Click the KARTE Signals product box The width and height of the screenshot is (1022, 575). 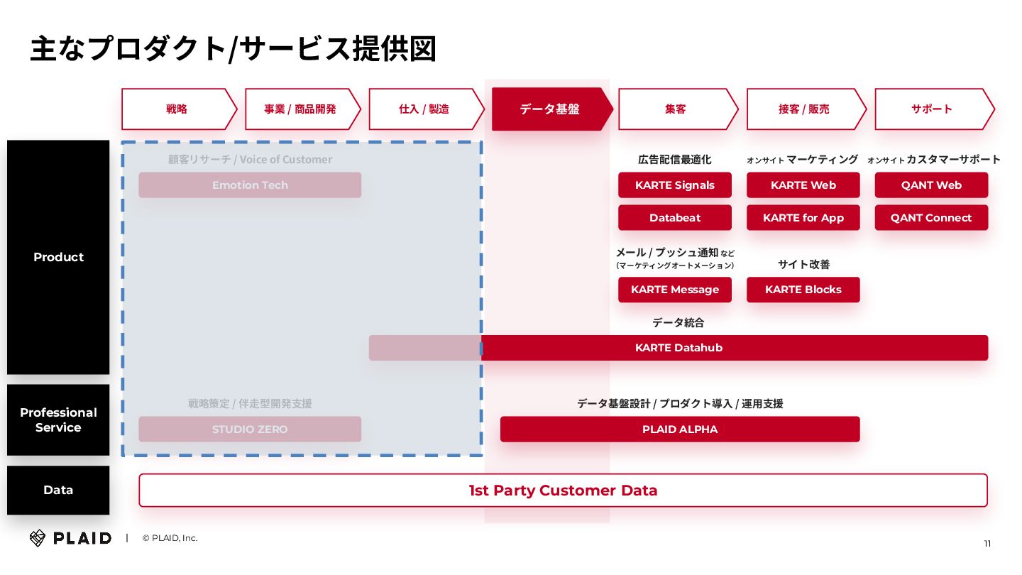click(x=674, y=185)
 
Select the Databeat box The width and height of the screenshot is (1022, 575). click(x=674, y=218)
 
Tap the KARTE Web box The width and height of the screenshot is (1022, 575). click(x=803, y=185)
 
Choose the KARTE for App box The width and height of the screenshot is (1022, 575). click(x=803, y=218)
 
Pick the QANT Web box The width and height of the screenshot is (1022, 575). click(x=931, y=185)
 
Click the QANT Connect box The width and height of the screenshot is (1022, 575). click(x=931, y=218)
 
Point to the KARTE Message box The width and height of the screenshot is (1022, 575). click(x=674, y=290)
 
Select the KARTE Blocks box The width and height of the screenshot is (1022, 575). click(x=803, y=290)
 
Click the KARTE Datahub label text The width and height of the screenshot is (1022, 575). click(x=678, y=348)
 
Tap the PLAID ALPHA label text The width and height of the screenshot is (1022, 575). click(x=679, y=429)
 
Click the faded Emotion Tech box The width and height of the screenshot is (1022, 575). click(x=250, y=185)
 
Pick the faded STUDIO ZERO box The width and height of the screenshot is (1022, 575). click(x=250, y=429)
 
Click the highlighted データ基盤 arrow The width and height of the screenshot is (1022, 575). click(x=549, y=109)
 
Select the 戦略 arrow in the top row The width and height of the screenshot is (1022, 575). click(x=177, y=109)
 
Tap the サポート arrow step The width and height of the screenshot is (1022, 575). click(x=931, y=109)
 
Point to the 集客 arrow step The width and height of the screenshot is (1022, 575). click(x=675, y=109)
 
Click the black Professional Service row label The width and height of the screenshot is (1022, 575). click(x=58, y=420)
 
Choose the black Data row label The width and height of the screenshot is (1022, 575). click(x=58, y=490)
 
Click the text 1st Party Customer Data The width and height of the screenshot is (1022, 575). click(x=563, y=491)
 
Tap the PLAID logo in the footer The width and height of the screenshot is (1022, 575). click(x=70, y=538)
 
